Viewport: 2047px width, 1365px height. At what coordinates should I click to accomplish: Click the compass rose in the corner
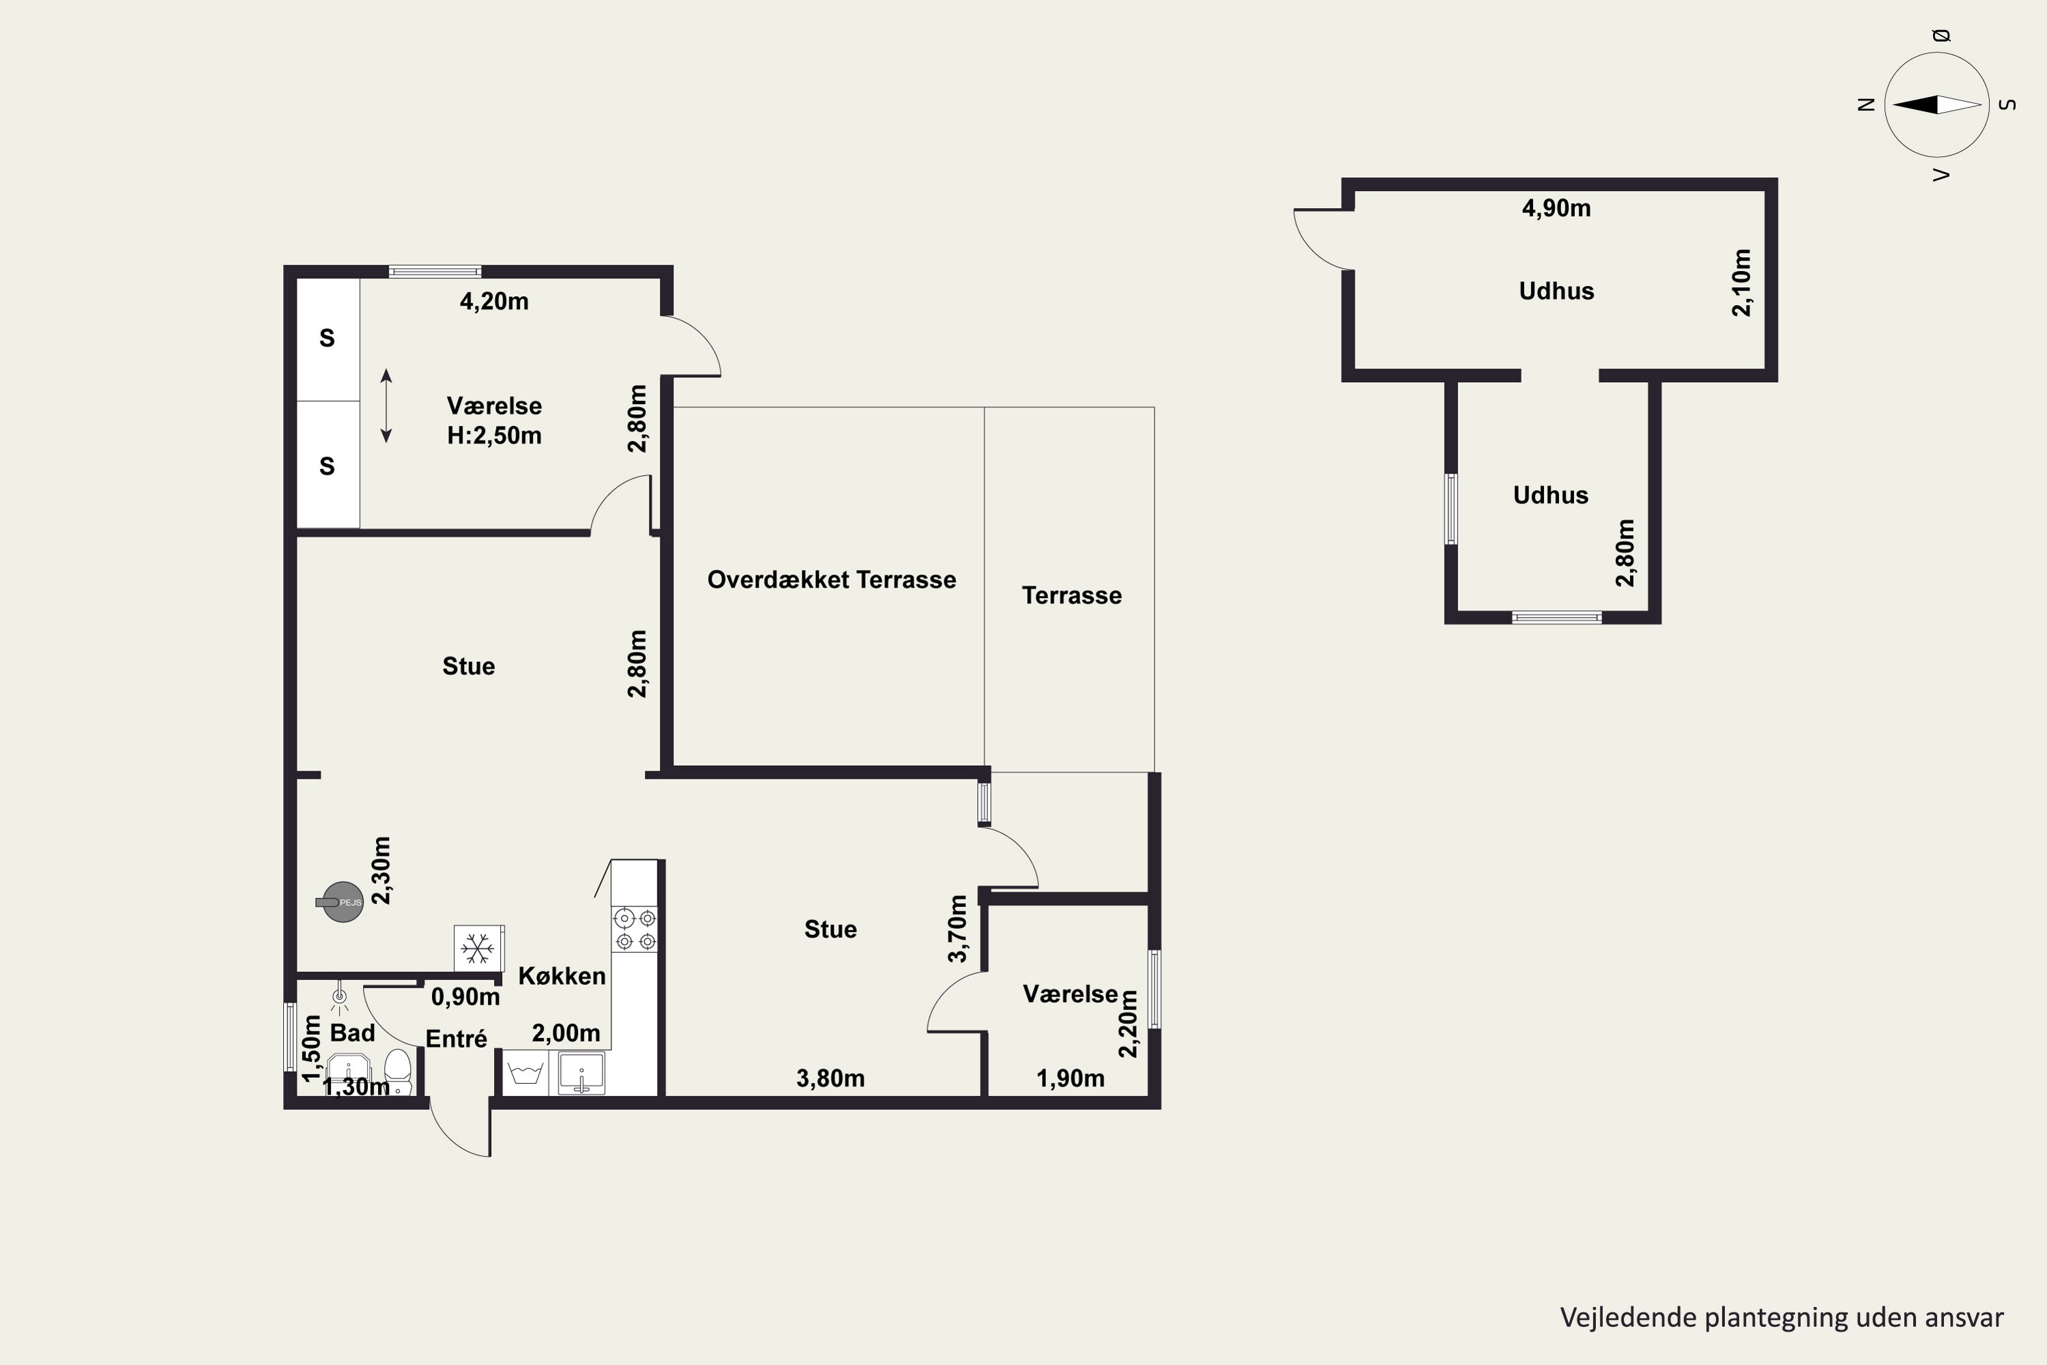coord(1936,104)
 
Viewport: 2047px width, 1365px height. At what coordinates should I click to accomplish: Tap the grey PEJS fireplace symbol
coord(341,902)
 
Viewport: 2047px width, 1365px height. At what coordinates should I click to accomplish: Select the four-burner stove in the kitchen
coord(635,929)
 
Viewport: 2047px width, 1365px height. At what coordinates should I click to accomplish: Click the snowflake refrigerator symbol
coord(478,948)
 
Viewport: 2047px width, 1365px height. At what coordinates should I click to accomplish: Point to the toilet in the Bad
coord(398,1072)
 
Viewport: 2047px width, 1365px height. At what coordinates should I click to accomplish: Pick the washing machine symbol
coord(525,1072)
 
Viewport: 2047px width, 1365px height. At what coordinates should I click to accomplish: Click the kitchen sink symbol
coord(581,1072)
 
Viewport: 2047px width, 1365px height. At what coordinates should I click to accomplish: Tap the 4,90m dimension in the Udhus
coord(1556,208)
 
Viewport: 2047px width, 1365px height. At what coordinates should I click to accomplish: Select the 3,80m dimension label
coord(830,1078)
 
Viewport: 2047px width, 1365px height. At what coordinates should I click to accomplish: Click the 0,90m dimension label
coord(465,996)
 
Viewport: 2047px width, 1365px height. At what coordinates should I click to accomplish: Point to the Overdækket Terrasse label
coord(831,579)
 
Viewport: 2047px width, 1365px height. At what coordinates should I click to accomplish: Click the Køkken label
coord(562,976)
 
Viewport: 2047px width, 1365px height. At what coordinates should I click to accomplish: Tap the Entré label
coord(456,1039)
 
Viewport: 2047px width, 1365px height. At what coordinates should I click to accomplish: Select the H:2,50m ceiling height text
coord(494,435)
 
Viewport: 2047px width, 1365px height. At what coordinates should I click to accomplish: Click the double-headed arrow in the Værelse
coord(386,405)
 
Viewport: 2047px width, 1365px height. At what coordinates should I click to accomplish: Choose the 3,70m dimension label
coord(957,929)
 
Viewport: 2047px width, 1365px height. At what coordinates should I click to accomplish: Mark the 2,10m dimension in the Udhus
coord(1741,283)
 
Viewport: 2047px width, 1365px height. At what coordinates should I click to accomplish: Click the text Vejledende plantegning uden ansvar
coord(1782,1318)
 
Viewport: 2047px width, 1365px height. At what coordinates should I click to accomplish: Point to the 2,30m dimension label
coord(381,871)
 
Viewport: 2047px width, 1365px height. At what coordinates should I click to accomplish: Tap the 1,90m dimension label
coord(1071,1078)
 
